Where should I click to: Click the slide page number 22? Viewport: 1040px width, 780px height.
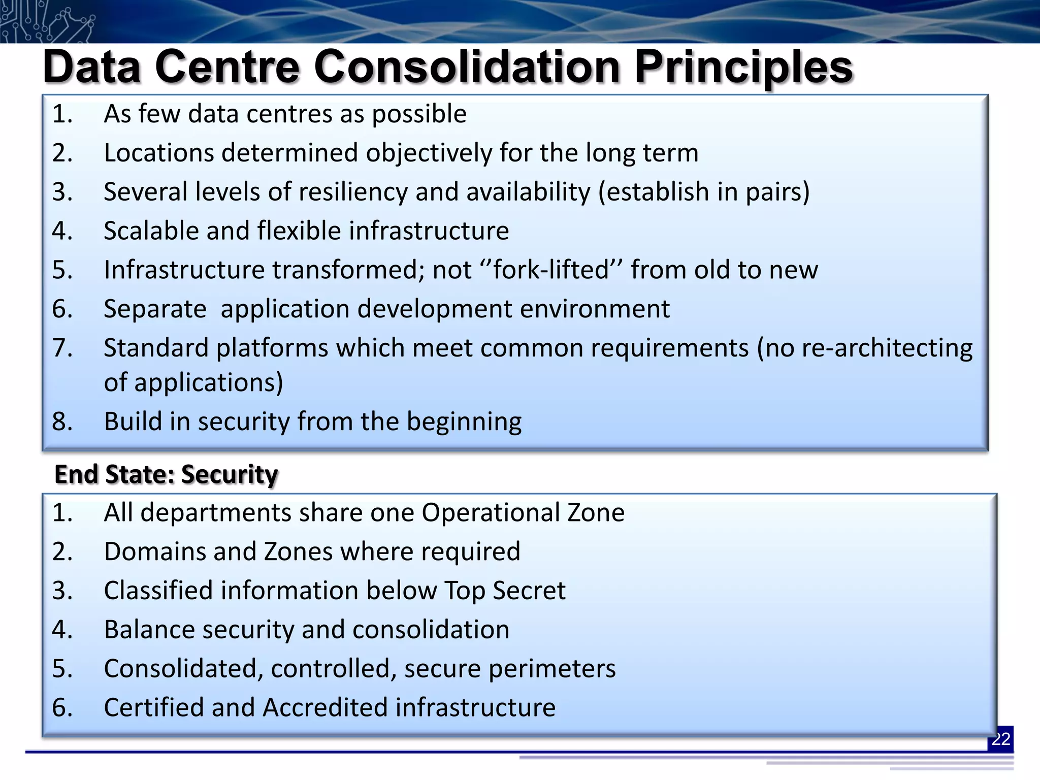pos(1000,739)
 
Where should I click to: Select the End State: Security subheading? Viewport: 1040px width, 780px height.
pos(166,474)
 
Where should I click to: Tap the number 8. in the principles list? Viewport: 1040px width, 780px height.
pos(62,421)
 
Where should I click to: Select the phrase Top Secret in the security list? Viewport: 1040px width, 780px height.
pos(505,591)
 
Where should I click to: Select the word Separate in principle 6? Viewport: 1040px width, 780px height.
pos(155,309)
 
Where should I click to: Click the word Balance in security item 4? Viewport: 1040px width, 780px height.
pos(149,630)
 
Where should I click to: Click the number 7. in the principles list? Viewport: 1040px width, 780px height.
pos(62,348)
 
